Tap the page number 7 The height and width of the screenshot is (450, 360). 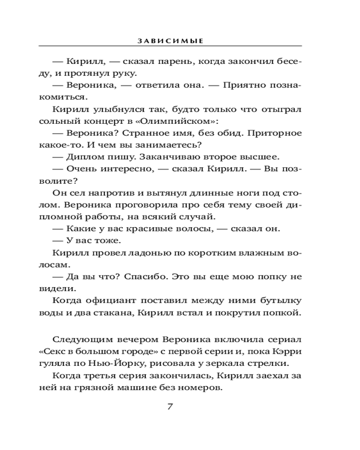(x=170, y=407)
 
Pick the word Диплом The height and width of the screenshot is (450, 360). (x=84, y=157)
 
